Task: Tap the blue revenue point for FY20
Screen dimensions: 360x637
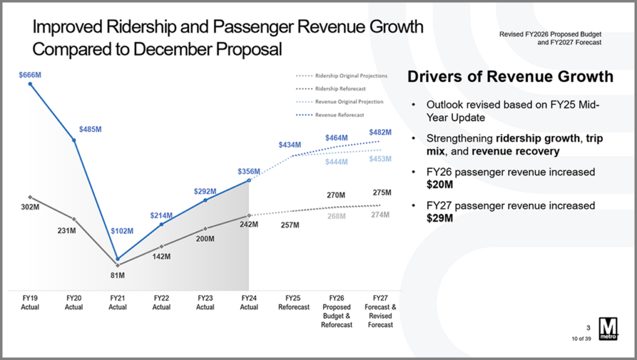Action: pos(74,140)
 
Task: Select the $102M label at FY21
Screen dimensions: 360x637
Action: pos(121,231)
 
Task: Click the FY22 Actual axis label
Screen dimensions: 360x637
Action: pos(161,303)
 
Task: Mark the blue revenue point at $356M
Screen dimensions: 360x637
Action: pos(249,180)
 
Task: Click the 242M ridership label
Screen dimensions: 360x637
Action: pos(249,224)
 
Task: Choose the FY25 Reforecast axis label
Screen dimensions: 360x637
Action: pos(293,303)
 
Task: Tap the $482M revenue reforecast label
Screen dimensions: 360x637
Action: pos(380,132)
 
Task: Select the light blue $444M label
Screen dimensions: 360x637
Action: pos(337,162)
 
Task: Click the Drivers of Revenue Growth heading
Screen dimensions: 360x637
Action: pos(509,77)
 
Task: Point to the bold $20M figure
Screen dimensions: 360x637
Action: pos(439,185)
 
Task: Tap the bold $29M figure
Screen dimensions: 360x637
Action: pos(439,218)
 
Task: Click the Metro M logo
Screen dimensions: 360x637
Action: pos(608,329)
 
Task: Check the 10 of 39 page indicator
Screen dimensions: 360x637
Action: pos(581,338)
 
